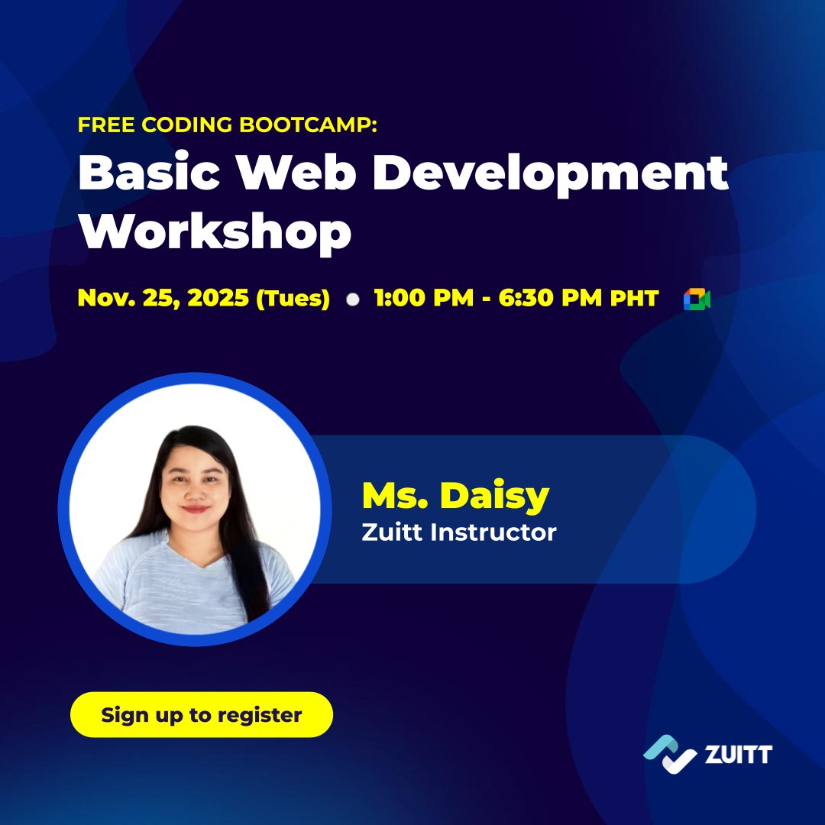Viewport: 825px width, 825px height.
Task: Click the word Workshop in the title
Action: click(x=215, y=233)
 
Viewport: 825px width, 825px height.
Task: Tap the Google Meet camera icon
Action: click(x=697, y=299)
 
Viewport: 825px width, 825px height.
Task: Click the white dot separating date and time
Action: click(x=352, y=299)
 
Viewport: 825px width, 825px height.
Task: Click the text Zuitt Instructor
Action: click(x=458, y=532)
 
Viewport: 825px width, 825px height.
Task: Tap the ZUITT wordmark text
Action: click(x=739, y=755)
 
